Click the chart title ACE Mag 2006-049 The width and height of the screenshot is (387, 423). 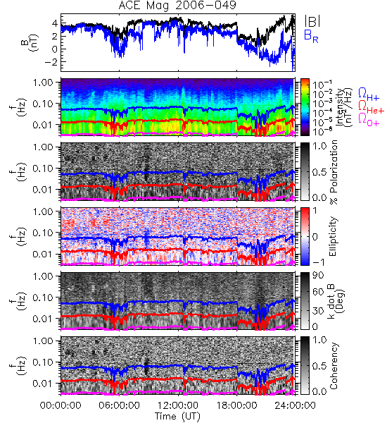pyautogui.click(x=177, y=6)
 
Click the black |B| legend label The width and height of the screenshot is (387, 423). pyautogui.click(x=312, y=21)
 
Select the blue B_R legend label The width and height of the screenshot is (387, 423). pyautogui.click(x=311, y=36)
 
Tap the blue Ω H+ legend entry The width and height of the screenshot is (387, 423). pyautogui.click(x=369, y=94)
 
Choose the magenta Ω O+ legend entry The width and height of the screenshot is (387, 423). pyautogui.click(x=369, y=120)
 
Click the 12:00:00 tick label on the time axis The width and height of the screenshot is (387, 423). pyautogui.click(x=178, y=405)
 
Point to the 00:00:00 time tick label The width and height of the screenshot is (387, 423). pyautogui.click(x=61, y=405)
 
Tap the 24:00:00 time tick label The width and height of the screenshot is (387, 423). pyautogui.click(x=295, y=405)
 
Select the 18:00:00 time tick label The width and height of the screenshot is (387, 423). pyautogui.click(x=236, y=405)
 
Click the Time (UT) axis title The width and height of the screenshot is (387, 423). pyautogui.click(x=178, y=416)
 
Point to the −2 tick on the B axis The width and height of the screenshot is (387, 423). pyautogui.click(x=51, y=62)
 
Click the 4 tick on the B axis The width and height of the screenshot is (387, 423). pyautogui.click(x=55, y=23)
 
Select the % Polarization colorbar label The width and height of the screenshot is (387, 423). pyautogui.click(x=334, y=172)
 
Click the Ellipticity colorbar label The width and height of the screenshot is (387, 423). pyautogui.click(x=333, y=236)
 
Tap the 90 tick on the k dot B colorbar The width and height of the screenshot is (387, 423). pyautogui.click(x=318, y=276)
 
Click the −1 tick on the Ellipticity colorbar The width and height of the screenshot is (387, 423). pyautogui.click(x=319, y=262)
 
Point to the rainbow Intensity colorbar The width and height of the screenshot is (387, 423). pyautogui.click(x=305, y=107)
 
